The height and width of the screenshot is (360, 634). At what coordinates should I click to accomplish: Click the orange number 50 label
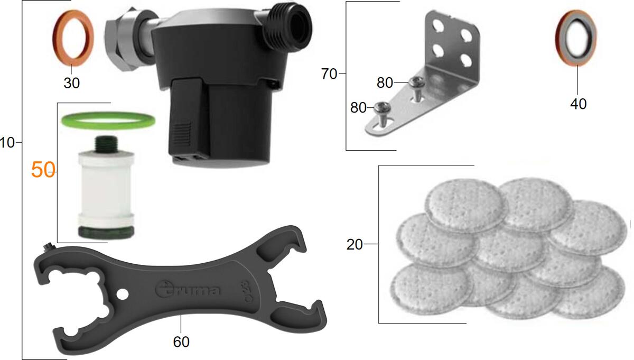click(x=43, y=170)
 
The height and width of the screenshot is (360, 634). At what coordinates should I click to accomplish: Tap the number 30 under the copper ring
click(x=72, y=83)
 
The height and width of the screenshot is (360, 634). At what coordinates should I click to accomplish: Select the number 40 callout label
click(x=578, y=104)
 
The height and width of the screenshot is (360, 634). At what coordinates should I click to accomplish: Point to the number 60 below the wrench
click(x=181, y=342)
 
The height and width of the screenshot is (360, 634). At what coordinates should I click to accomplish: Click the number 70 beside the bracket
click(x=329, y=74)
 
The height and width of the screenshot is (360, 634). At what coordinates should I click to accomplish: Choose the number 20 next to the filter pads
click(x=355, y=244)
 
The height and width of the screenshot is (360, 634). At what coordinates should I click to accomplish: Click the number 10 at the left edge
click(x=7, y=143)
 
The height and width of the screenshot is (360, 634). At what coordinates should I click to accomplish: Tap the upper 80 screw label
click(x=385, y=82)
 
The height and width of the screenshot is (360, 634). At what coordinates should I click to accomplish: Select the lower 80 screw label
click(x=358, y=108)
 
